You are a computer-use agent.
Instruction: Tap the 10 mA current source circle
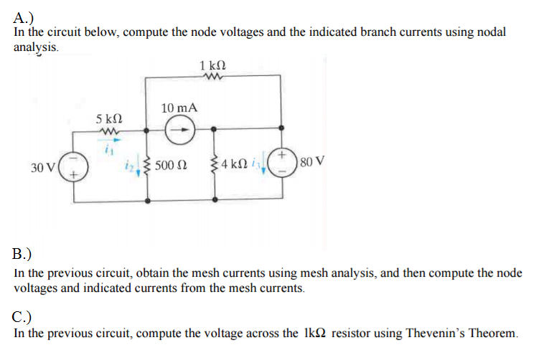tap(177, 131)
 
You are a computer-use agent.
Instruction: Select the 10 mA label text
tap(179, 108)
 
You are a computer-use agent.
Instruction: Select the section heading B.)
tap(22, 254)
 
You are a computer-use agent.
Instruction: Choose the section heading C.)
tap(23, 316)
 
